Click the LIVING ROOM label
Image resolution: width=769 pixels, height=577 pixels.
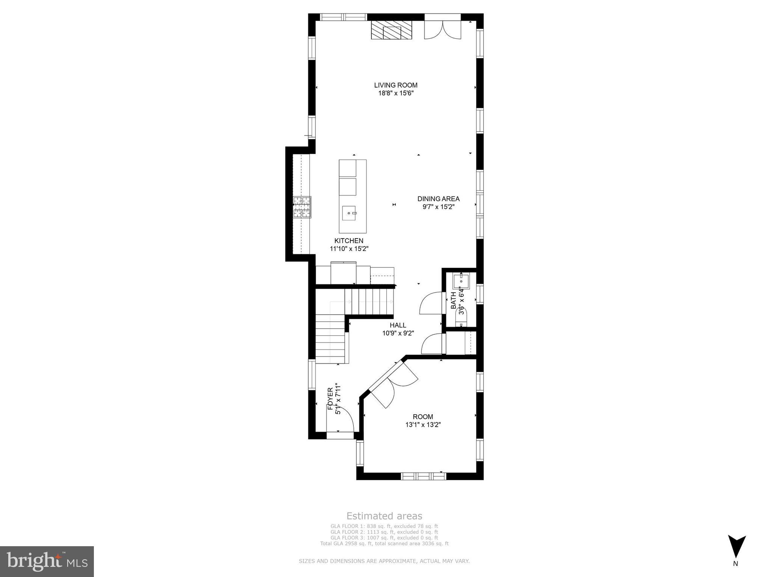point(395,85)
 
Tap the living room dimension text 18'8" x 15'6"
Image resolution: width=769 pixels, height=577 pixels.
point(395,94)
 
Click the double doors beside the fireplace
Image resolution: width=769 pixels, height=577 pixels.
point(442,30)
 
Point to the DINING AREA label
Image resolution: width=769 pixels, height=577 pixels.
point(438,199)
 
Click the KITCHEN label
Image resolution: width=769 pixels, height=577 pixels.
point(349,241)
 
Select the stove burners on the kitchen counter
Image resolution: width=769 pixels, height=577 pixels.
point(302,207)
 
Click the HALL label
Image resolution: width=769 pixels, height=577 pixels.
point(398,325)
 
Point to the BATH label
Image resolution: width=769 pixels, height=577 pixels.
point(453,300)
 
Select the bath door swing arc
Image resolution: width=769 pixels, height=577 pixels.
point(430,303)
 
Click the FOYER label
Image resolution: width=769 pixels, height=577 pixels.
point(330,399)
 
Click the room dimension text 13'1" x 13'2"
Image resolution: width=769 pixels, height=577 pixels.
point(422,425)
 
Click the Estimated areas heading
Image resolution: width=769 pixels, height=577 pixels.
point(384,516)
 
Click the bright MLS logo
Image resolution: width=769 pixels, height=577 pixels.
point(47,561)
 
